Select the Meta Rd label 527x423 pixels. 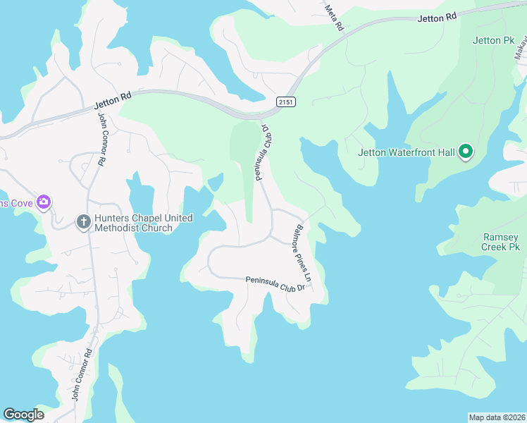[335, 18]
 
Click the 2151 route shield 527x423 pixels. [285, 102]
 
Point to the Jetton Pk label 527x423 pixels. [494, 41]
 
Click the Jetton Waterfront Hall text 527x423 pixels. [406, 152]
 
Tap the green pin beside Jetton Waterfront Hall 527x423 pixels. [465, 152]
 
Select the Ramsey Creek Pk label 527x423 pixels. [501, 242]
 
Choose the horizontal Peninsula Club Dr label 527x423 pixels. [275, 284]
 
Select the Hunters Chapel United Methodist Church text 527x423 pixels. [134, 223]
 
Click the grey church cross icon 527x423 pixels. [83, 222]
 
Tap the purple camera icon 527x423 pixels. [44, 203]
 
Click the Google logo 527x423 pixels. [23, 415]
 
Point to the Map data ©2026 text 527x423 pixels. [497, 417]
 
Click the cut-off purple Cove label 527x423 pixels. [15, 204]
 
